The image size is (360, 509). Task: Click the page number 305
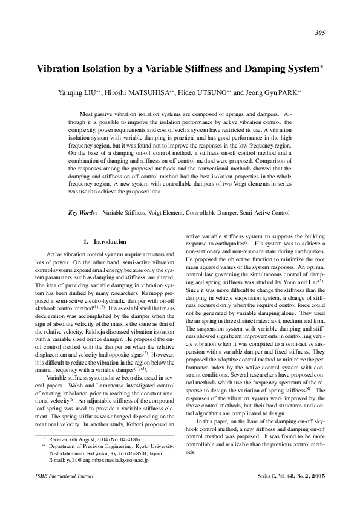321,33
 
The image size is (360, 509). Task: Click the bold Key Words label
81,213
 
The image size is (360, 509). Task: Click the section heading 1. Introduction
105,241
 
